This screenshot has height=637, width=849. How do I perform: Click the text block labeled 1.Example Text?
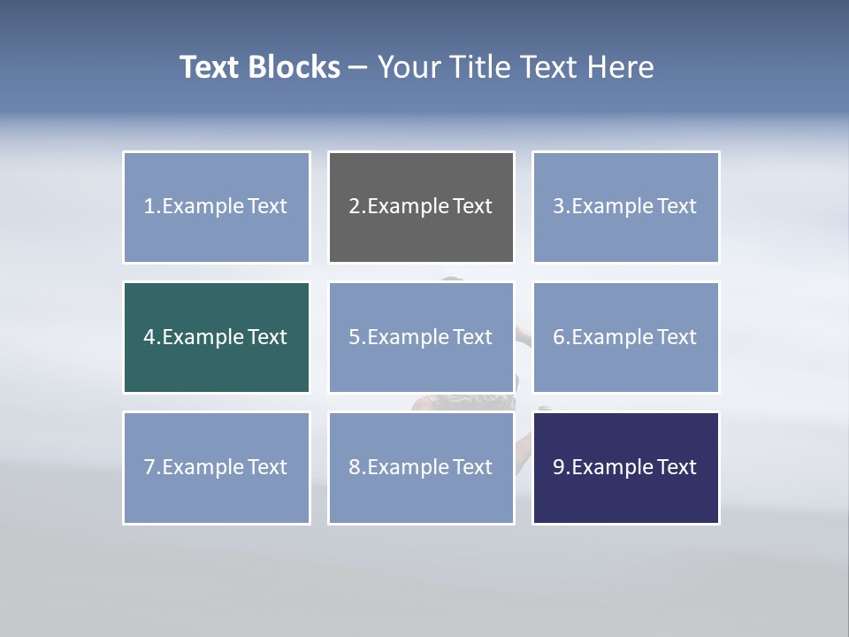[217, 207]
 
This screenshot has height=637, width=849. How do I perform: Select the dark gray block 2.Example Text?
[421, 207]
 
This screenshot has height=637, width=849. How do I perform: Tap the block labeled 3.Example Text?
[625, 207]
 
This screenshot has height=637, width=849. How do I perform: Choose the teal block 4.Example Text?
[217, 337]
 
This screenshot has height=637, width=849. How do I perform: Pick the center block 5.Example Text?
[421, 337]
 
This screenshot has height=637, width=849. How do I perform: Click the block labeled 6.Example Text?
[625, 337]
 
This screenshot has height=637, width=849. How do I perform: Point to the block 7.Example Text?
[217, 467]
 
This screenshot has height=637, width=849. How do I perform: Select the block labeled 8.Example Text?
[421, 467]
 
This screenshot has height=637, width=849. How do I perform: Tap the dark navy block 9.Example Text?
[625, 467]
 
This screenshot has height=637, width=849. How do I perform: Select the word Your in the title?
[408, 67]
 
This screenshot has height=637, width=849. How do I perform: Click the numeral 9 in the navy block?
[559, 467]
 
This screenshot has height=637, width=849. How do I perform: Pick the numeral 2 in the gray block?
[354, 207]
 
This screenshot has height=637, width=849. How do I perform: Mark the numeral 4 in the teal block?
[149, 337]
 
